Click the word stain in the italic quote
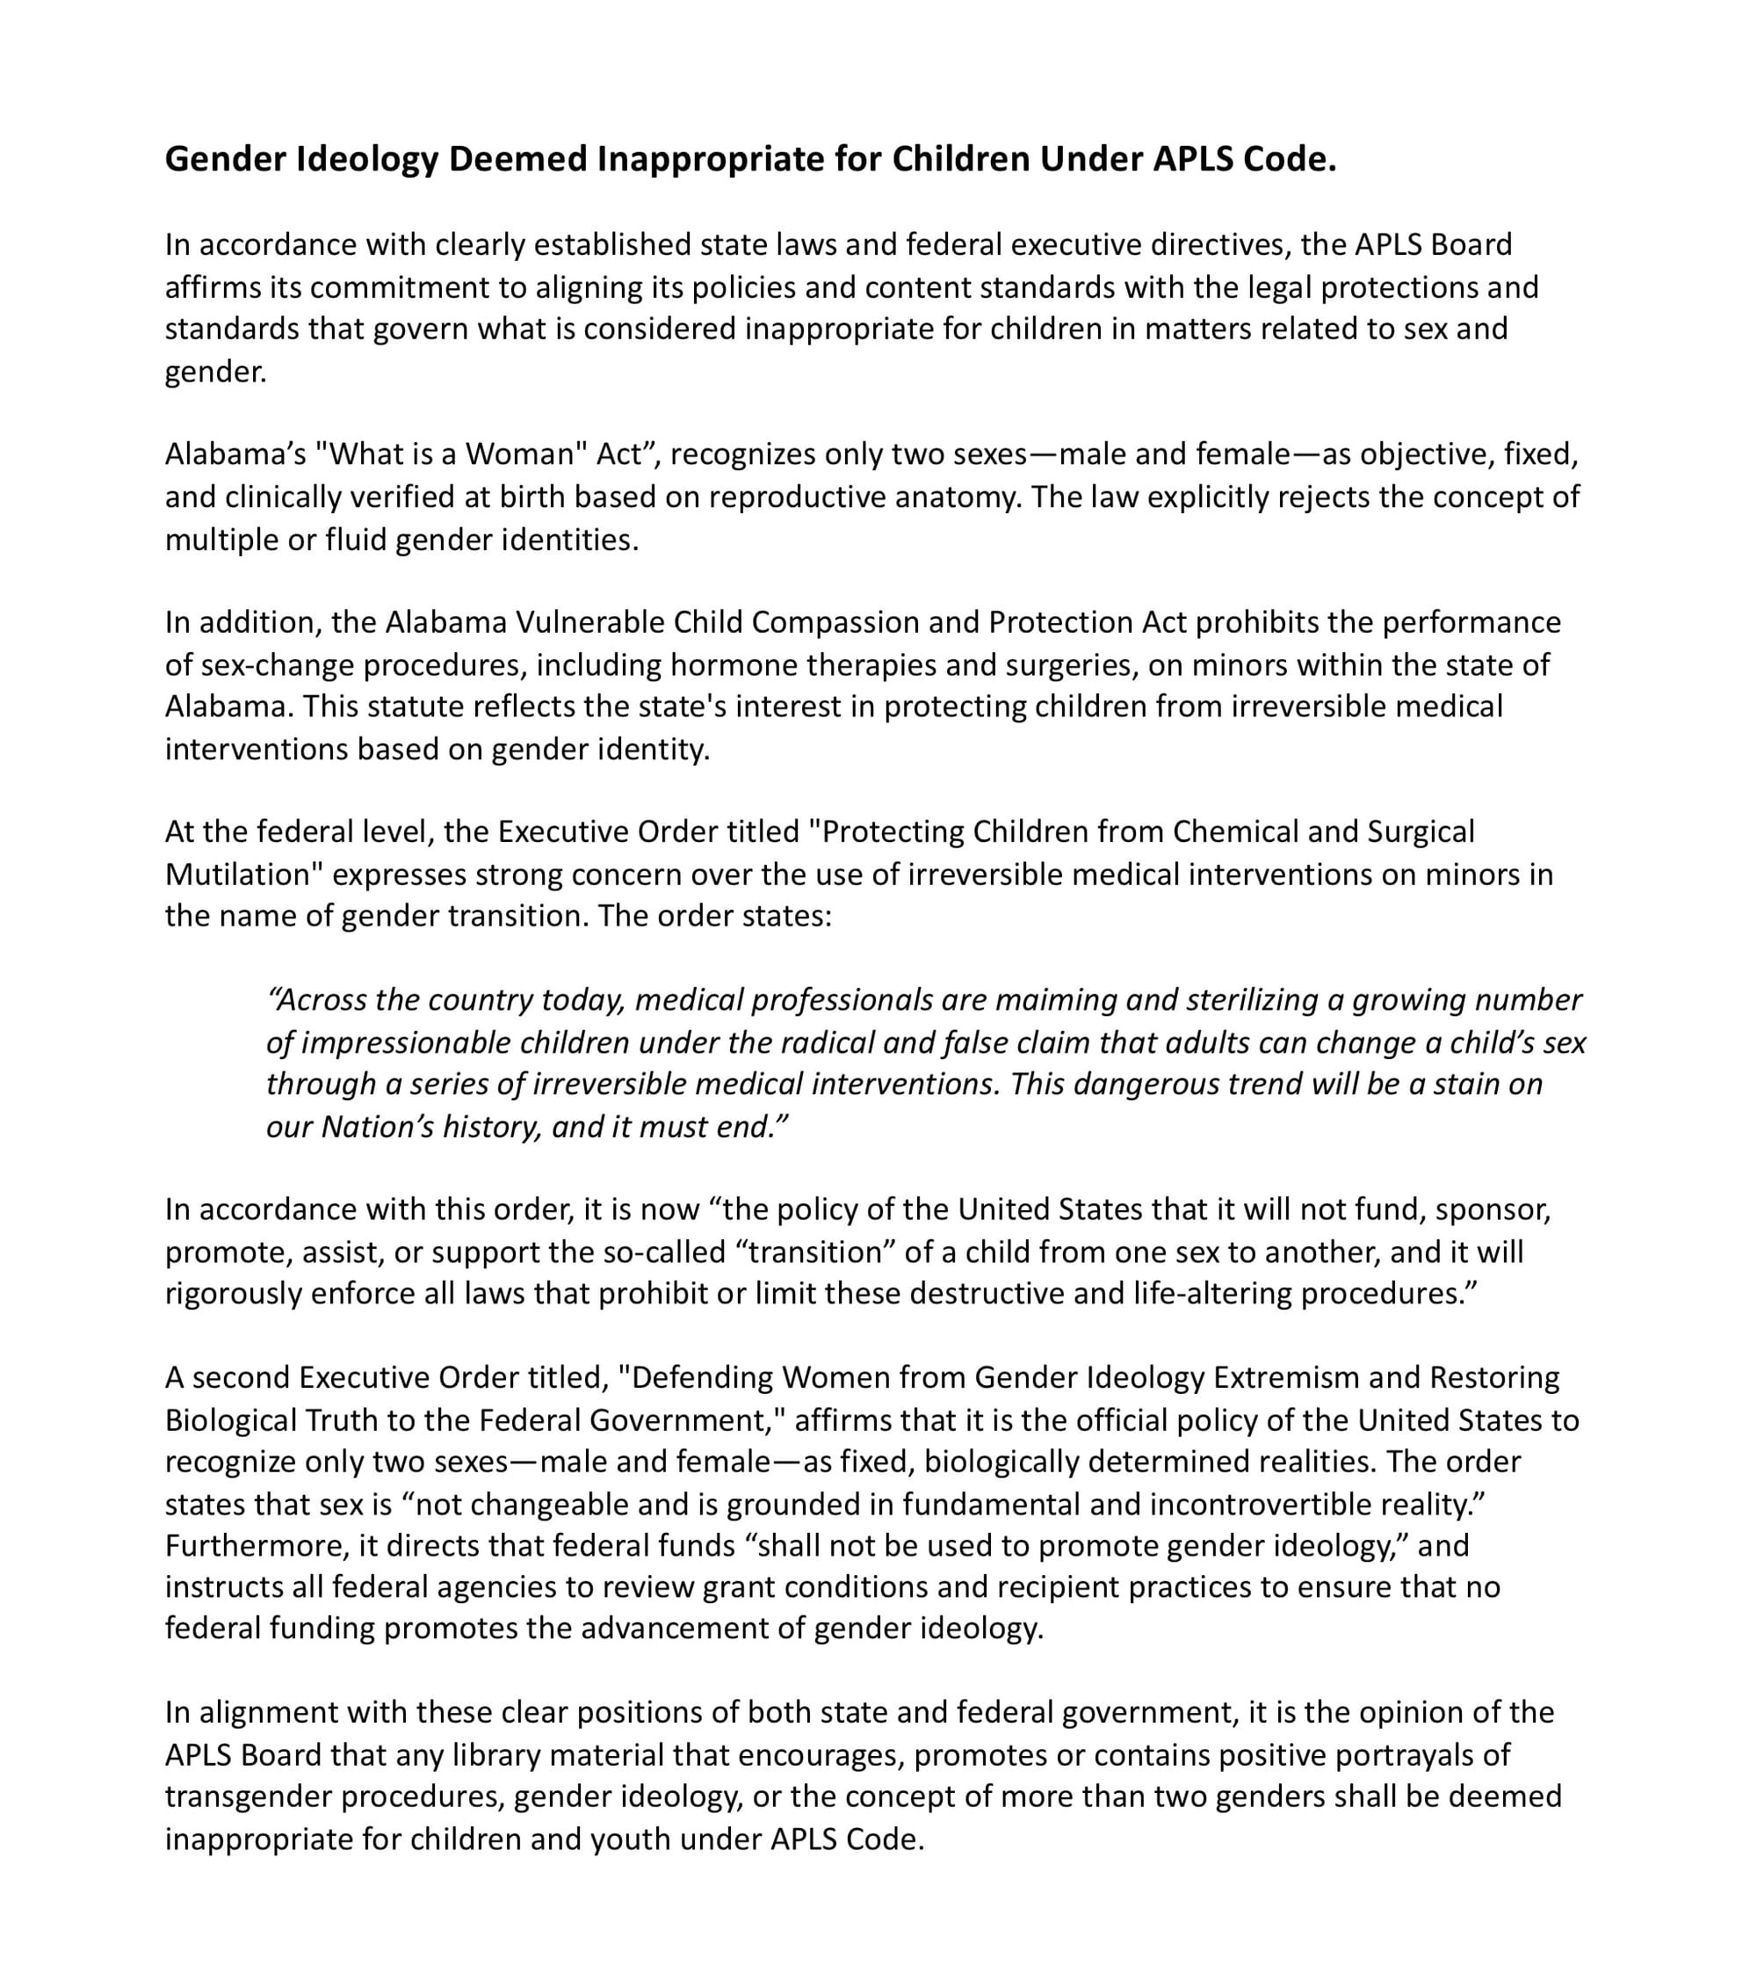[x=1465, y=1084]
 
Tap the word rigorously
[x=234, y=1293]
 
